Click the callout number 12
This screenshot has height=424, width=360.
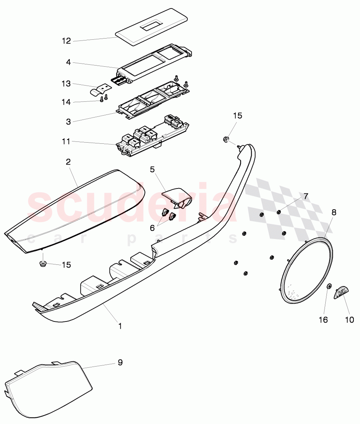point(67,41)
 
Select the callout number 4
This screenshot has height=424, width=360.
point(69,62)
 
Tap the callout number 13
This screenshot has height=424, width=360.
point(67,84)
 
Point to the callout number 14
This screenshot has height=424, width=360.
point(67,102)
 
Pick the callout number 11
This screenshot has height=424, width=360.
point(66,141)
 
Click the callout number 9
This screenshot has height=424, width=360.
point(120,363)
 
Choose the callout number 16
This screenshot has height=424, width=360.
point(323,320)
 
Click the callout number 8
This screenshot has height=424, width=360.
point(334,212)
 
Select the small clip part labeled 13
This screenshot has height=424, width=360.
point(99,91)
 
